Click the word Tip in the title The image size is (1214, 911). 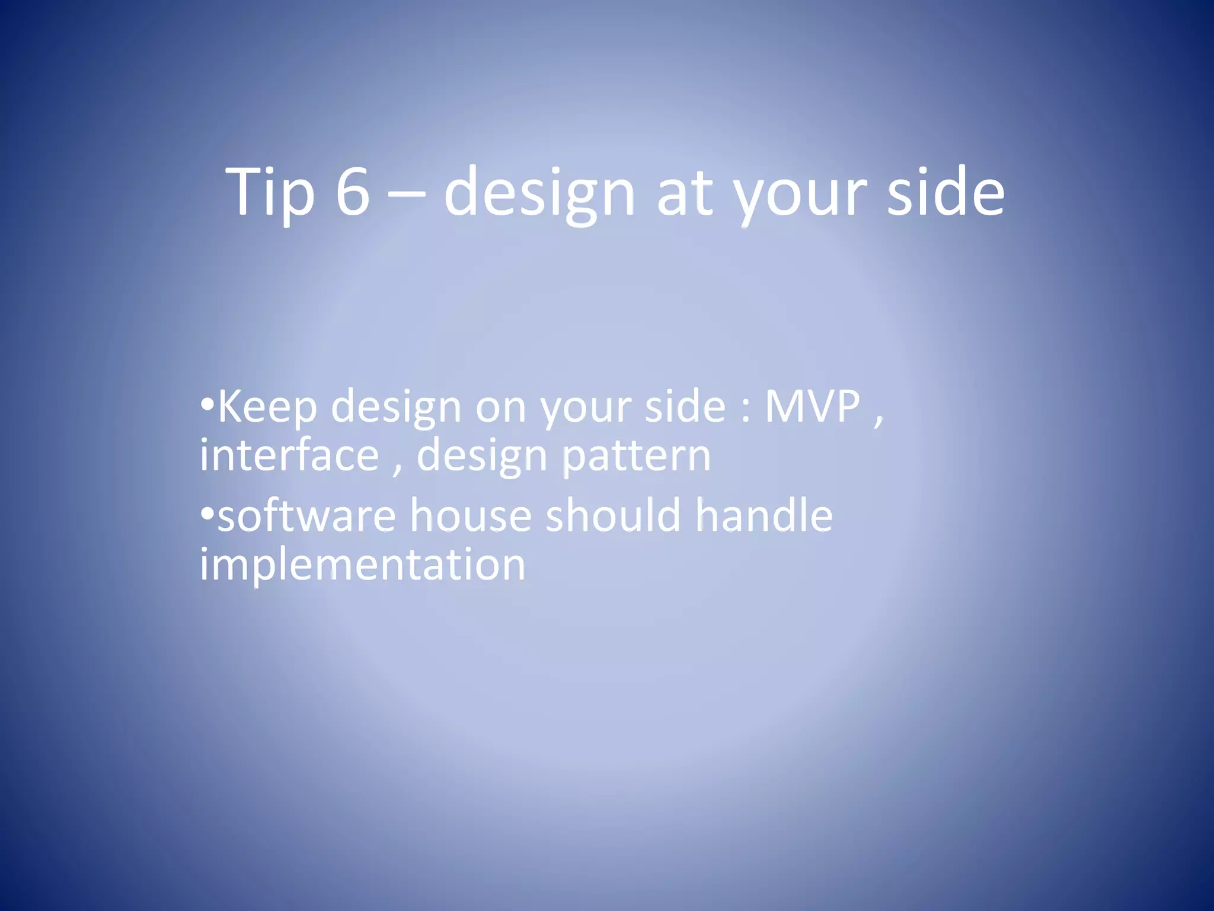coord(270,192)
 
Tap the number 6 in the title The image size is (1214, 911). coord(353,192)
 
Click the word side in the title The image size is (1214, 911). coord(945,192)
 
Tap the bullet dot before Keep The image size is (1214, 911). coord(206,406)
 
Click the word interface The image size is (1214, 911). coord(289,455)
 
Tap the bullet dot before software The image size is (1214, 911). coord(206,514)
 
